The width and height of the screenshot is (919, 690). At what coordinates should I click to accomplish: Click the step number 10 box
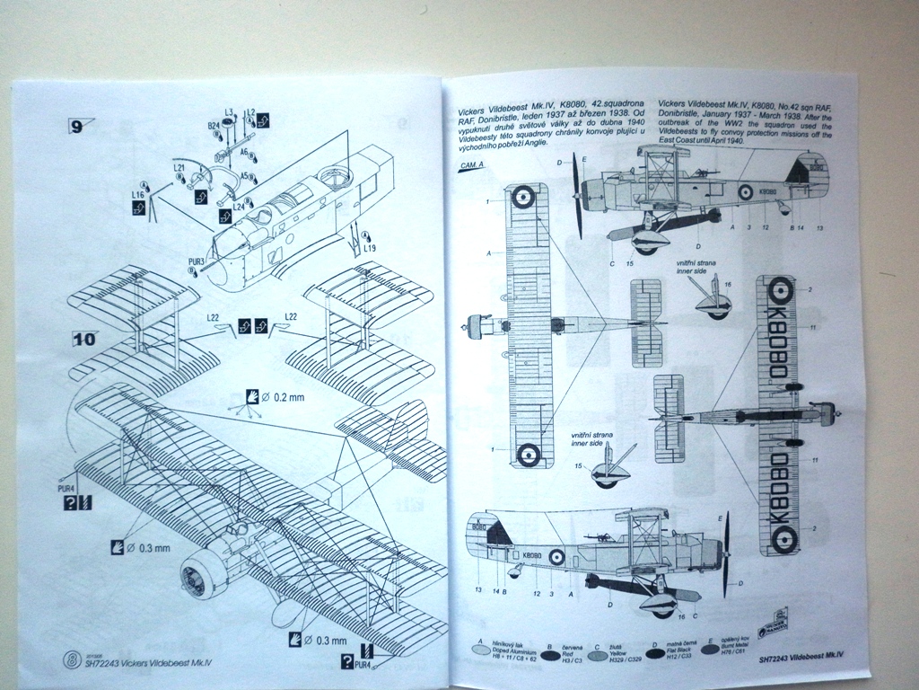(x=83, y=339)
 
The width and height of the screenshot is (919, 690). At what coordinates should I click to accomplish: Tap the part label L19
(x=371, y=246)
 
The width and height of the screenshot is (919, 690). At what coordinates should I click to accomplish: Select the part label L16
(x=137, y=193)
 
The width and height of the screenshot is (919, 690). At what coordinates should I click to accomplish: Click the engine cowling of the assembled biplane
(x=200, y=572)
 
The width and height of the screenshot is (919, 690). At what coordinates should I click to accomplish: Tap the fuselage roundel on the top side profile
(x=742, y=190)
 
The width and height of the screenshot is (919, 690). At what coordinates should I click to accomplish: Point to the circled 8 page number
(x=72, y=659)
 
